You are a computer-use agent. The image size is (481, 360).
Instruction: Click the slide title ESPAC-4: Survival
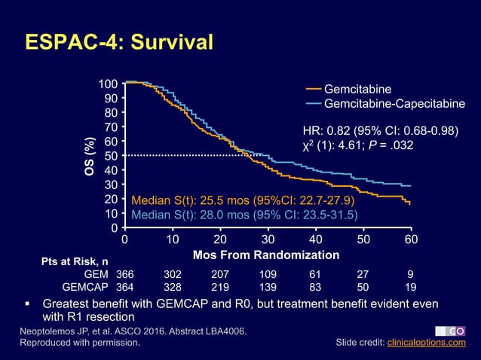click(x=119, y=41)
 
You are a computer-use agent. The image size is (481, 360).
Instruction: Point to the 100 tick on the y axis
click(x=109, y=83)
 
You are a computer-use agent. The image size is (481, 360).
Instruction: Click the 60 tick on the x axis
click(x=411, y=239)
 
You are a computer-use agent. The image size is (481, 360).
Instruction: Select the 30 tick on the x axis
click(x=268, y=239)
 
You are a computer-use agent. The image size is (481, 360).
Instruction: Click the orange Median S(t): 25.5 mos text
click(x=243, y=201)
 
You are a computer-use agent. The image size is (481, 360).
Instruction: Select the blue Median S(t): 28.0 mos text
click(x=244, y=215)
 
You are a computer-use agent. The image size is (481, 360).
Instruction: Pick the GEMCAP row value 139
click(x=268, y=287)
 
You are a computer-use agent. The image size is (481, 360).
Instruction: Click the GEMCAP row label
click(x=87, y=287)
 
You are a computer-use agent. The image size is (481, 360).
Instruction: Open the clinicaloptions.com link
click(x=426, y=343)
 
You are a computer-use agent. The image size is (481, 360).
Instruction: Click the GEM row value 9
click(x=411, y=274)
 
